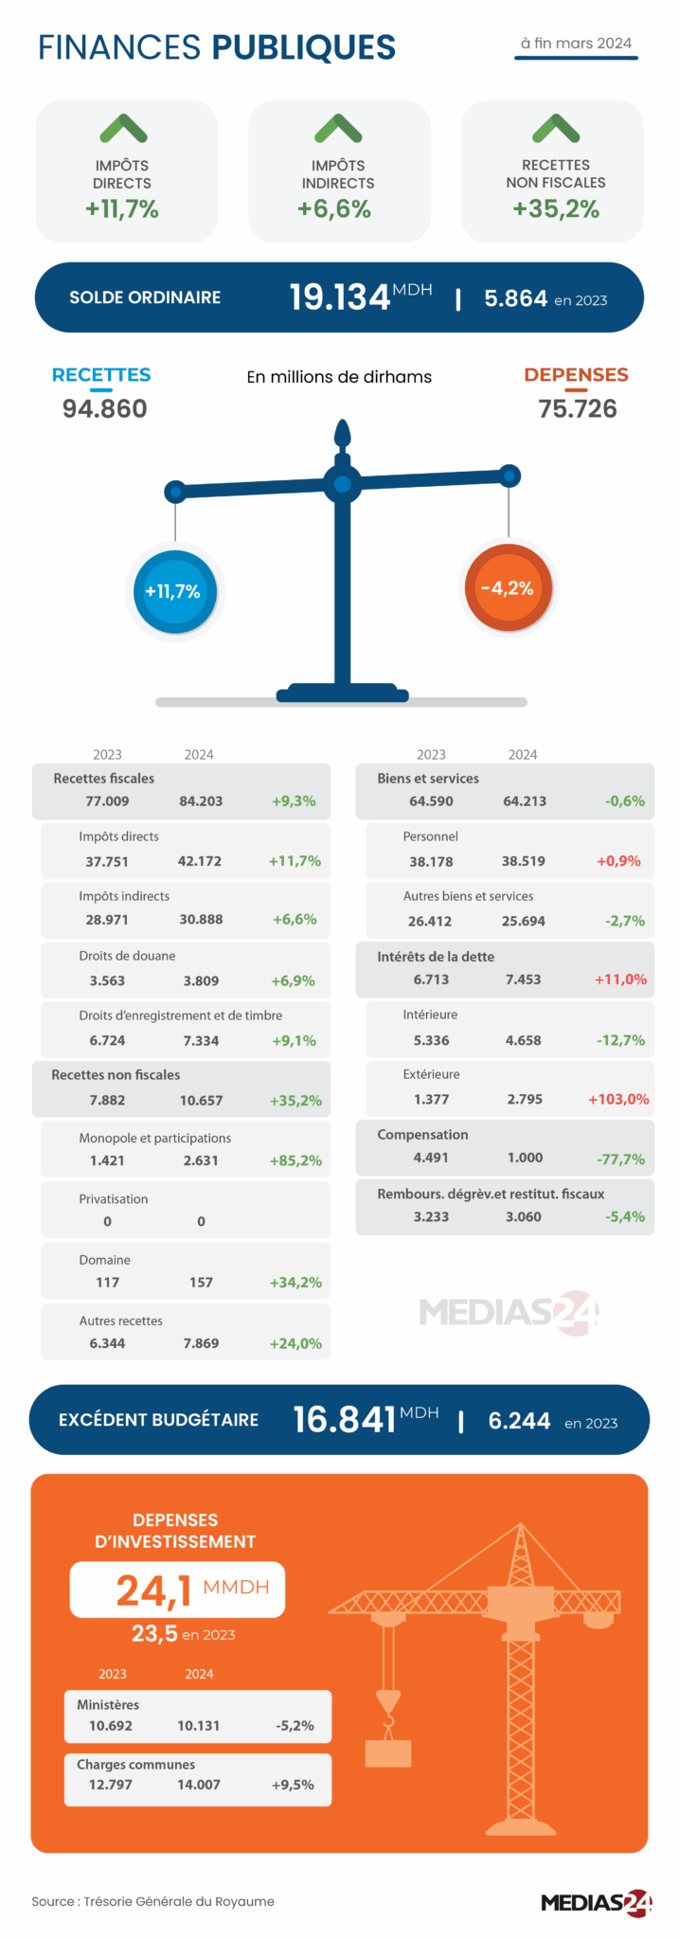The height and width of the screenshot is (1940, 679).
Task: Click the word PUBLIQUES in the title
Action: tap(303, 47)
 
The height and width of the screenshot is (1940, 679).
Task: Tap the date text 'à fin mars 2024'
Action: tap(576, 44)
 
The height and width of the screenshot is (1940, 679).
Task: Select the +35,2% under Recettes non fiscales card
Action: tap(556, 209)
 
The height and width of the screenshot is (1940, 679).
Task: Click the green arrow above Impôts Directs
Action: tap(123, 128)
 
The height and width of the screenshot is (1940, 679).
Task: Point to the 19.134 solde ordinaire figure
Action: tap(340, 297)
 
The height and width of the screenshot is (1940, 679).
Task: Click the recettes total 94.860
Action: tap(104, 409)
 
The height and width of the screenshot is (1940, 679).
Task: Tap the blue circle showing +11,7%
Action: tap(174, 592)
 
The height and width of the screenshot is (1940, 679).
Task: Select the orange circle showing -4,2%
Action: tap(508, 588)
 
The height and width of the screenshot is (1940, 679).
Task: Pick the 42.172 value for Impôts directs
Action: tap(200, 861)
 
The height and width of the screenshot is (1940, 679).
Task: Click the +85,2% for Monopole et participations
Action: tap(295, 1160)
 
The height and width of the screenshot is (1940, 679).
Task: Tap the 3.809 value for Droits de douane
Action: tap(201, 980)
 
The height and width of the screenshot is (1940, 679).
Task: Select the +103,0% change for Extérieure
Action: tap(618, 1099)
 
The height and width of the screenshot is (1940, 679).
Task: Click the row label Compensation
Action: tap(422, 1135)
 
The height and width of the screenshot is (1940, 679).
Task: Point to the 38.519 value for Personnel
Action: tap(524, 861)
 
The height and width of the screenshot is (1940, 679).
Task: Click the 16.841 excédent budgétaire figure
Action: tap(344, 1419)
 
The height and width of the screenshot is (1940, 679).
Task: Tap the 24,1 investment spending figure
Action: tap(154, 1590)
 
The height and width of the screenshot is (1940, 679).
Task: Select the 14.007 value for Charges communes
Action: tap(199, 1785)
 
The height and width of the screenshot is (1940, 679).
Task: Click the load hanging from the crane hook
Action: tap(388, 1753)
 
